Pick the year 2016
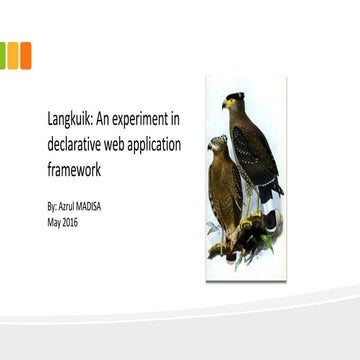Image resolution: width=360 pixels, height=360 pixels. pos(69,221)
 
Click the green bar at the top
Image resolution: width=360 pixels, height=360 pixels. pos(3,55)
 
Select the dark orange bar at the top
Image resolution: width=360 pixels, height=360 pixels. pos(25,55)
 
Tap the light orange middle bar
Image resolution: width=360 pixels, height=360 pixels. pos(13,55)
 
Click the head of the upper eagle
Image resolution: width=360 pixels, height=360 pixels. pos(233,100)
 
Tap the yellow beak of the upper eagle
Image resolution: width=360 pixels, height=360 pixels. pos(225,103)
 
